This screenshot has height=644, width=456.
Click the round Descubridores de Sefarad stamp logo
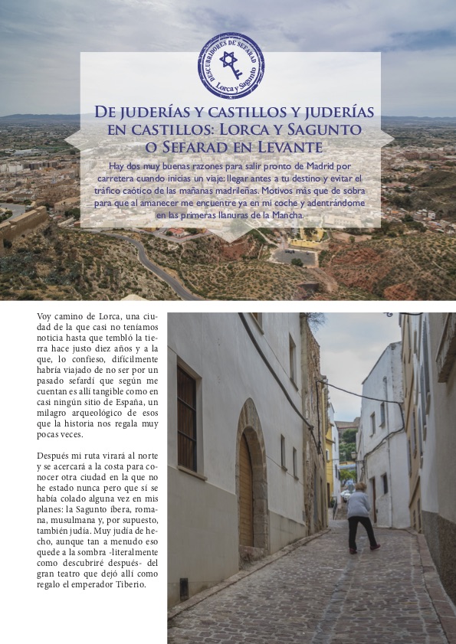click(231, 65)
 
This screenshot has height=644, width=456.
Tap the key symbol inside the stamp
click(231, 65)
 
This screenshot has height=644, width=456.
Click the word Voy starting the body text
click(45, 315)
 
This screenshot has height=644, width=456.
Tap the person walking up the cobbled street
click(360, 515)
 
